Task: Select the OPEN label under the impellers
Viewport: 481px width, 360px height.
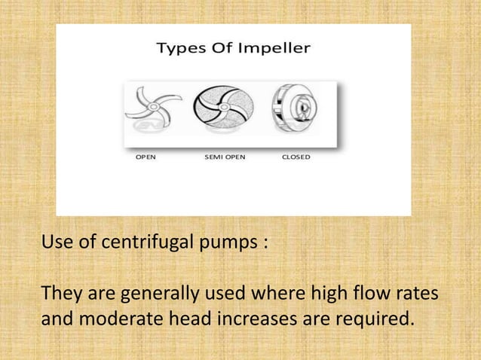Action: (x=146, y=157)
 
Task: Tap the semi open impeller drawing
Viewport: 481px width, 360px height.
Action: (x=224, y=112)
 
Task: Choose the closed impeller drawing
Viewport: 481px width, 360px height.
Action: (x=296, y=112)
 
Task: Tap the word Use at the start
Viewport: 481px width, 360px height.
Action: (x=56, y=244)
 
